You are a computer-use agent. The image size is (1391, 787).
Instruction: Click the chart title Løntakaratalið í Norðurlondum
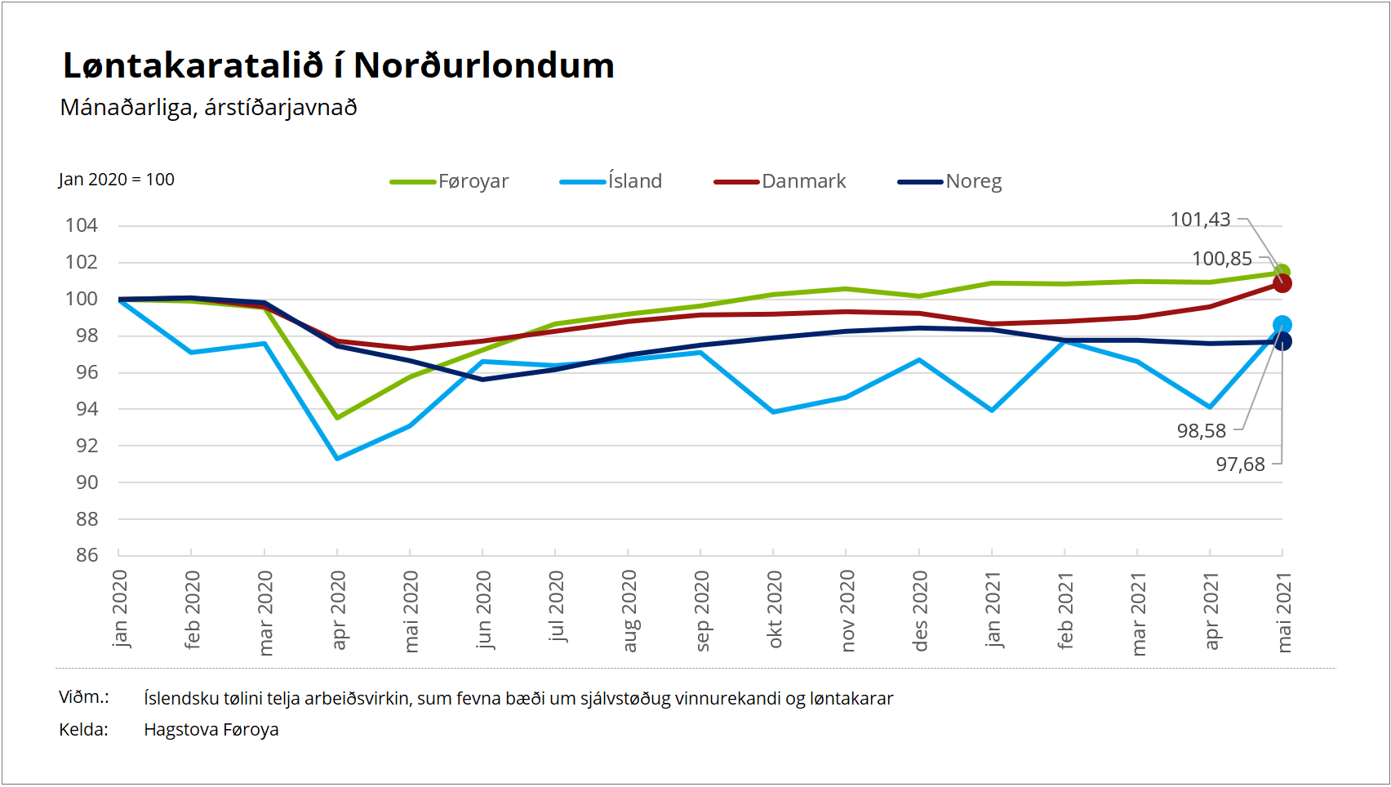coord(338,66)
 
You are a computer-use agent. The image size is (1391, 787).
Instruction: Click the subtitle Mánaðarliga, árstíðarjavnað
coord(208,108)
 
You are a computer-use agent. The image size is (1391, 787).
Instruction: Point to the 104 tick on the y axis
coord(82,225)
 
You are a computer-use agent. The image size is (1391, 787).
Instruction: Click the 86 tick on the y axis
coord(87,555)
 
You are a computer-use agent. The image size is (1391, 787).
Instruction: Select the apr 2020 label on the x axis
coord(338,610)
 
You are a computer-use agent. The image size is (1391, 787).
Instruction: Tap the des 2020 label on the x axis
coord(920,611)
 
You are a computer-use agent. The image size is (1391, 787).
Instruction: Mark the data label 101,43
coord(1200,220)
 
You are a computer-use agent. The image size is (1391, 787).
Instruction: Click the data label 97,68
coord(1240,465)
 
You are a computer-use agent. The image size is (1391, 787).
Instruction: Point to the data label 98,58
coord(1201,431)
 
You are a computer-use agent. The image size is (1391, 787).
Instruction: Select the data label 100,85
coord(1221,259)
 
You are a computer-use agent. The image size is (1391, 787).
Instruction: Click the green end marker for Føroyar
coord(1282,272)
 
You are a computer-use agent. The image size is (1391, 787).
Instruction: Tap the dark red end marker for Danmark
coord(1282,283)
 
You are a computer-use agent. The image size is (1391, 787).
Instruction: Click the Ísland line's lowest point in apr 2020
coord(337,458)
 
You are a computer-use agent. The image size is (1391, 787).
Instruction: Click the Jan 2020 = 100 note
coord(116,180)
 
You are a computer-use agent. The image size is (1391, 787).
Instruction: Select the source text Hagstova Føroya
coord(211,730)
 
